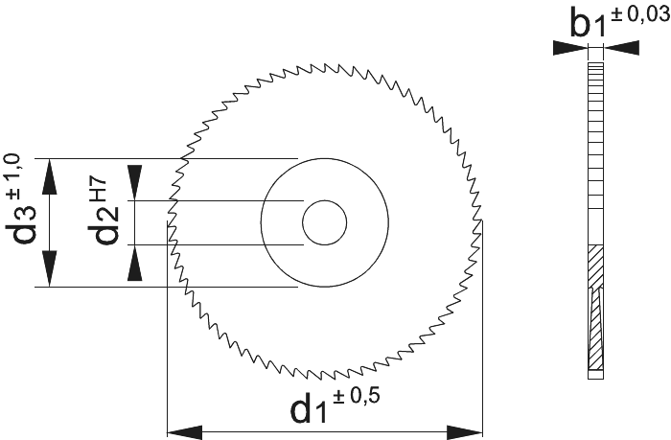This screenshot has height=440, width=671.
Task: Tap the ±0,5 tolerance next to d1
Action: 356,396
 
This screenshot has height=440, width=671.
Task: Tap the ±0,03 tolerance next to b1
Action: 640,14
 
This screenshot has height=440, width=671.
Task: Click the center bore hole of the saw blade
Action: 324,222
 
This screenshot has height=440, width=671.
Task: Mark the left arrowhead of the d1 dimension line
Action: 184,432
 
